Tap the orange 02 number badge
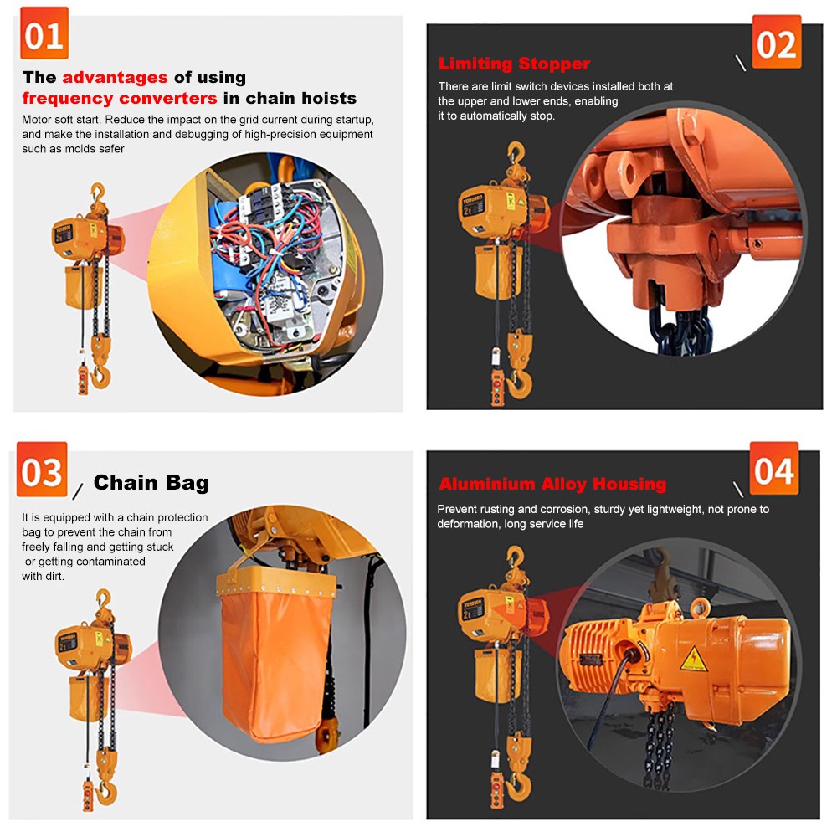[x=776, y=42]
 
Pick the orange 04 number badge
[x=773, y=470]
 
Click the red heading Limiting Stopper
[x=514, y=64]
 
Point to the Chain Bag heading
[x=151, y=483]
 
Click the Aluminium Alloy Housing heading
[x=552, y=485]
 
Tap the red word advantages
[x=115, y=78]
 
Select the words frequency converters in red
[x=120, y=99]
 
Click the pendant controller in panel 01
[x=83, y=374]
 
